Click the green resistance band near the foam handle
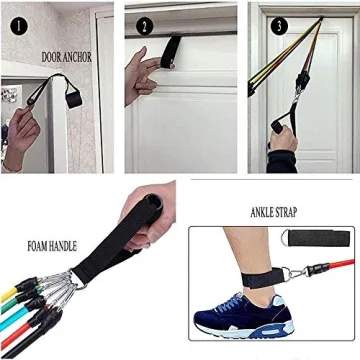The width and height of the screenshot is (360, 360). pos(30,324)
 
